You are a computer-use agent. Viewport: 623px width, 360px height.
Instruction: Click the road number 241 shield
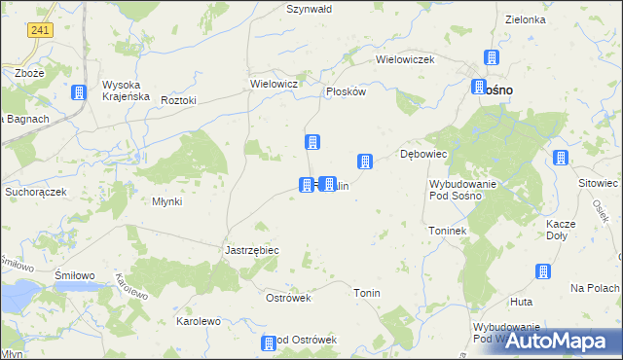pyautogui.click(x=40, y=31)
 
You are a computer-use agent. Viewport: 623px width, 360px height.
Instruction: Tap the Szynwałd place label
pyautogui.click(x=310, y=9)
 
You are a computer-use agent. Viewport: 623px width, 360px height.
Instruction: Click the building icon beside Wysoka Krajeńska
pyautogui.click(x=79, y=93)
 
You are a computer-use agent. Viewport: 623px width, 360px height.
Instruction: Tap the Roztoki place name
pyautogui.click(x=179, y=100)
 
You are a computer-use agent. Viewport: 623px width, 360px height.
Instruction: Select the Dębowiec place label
pyautogui.click(x=423, y=154)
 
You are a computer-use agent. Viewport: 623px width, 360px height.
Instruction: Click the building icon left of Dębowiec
pyautogui.click(x=365, y=161)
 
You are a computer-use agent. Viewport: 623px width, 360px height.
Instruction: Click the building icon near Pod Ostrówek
pyautogui.click(x=269, y=342)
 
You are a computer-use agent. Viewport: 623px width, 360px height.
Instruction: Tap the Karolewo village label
pyautogui.click(x=198, y=321)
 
